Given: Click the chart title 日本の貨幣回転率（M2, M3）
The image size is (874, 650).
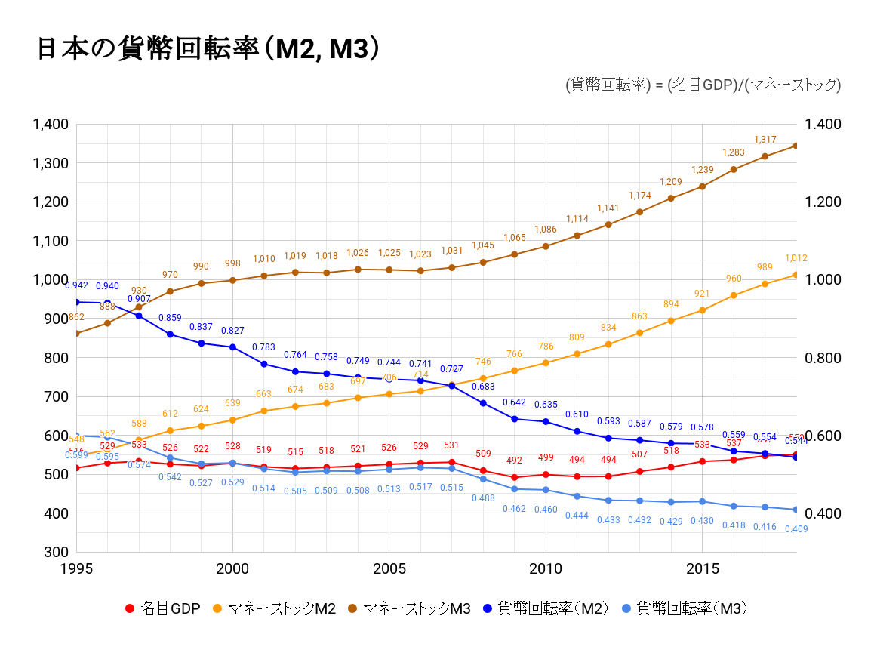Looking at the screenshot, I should click(x=208, y=49).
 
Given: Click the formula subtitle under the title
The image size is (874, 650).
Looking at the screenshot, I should click(x=702, y=85).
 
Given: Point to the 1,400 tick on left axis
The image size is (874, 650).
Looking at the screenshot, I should click(x=51, y=124).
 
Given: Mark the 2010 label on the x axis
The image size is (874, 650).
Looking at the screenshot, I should click(x=546, y=568).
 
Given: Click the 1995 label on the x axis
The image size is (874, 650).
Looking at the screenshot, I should click(x=76, y=568).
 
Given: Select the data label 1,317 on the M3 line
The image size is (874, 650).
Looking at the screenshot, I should click(x=765, y=140).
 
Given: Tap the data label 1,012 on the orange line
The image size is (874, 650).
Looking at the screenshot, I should click(x=796, y=258).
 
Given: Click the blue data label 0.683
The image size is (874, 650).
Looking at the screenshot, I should click(x=483, y=387).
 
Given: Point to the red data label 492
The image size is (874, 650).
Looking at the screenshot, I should click(x=514, y=461).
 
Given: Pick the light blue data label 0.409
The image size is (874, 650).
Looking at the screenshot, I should click(x=796, y=528).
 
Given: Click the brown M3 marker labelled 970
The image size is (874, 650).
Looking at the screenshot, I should click(x=170, y=291).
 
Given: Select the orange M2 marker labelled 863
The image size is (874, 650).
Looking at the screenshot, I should click(x=639, y=333).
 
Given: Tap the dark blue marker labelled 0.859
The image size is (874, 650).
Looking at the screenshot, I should click(x=170, y=334).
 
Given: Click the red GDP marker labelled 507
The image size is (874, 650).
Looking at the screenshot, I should click(x=639, y=471).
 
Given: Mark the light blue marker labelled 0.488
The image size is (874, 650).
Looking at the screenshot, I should click(x=483, y=479).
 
